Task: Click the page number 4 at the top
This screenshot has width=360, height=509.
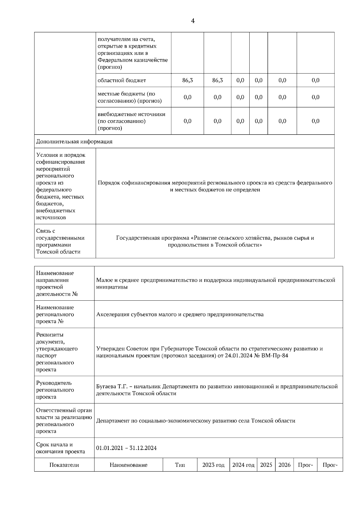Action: [x=193, y=21]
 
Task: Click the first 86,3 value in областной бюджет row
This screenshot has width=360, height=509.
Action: [x=187, y=80]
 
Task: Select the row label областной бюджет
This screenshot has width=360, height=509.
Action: [x=122, y=80]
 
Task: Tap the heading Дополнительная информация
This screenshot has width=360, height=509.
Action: [x=74, y=141]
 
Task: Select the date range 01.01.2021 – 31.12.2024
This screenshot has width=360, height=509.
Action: [x=126, y=448]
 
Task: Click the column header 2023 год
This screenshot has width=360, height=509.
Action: [x=213, y=465]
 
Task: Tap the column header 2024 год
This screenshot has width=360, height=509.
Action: [x=243, y=465]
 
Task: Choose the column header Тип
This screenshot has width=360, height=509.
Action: [x=180, y=465]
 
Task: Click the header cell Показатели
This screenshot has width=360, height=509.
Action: [x=64, y=465]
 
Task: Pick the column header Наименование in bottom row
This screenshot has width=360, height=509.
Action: [x=128, y=465]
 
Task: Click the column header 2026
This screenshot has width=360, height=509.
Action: [x=284, y=465]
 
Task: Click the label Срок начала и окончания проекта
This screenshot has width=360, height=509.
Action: [x=60, y=448]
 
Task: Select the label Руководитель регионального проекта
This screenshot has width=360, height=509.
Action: [x=55, y=390]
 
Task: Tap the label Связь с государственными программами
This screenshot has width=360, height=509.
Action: [x=60, y=241]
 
